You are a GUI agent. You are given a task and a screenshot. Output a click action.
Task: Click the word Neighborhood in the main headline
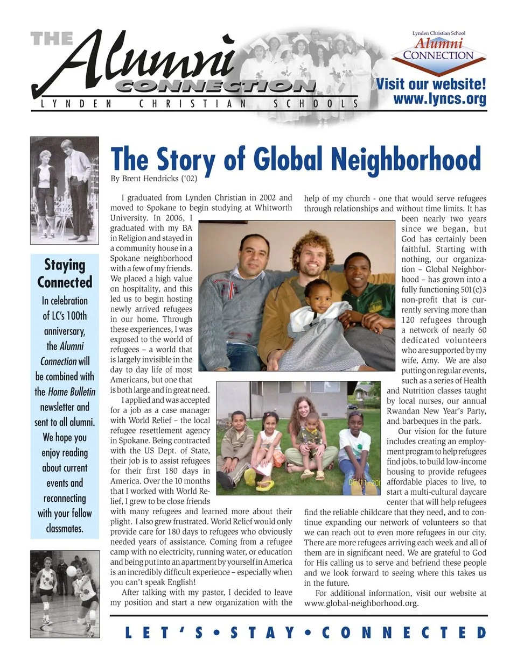pyautogui.click(x=406, y=159)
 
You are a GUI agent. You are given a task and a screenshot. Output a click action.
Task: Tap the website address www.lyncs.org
pyautogui.click(x=439, y=99)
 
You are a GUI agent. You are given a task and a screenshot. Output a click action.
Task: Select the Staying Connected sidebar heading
pyautogui.click(x=65, y=273)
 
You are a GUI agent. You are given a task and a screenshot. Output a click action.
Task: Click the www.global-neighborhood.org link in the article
pyautogui.click(x=361, y=603)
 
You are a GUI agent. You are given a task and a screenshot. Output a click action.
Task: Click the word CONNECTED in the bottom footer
pyautogui.click(x=404, y=633)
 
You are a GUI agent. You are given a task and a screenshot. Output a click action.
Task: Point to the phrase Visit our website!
pyautogui.click(x=431, y=84)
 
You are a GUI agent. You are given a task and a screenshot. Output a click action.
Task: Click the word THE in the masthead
pyautogui.click(x=52, y=39)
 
